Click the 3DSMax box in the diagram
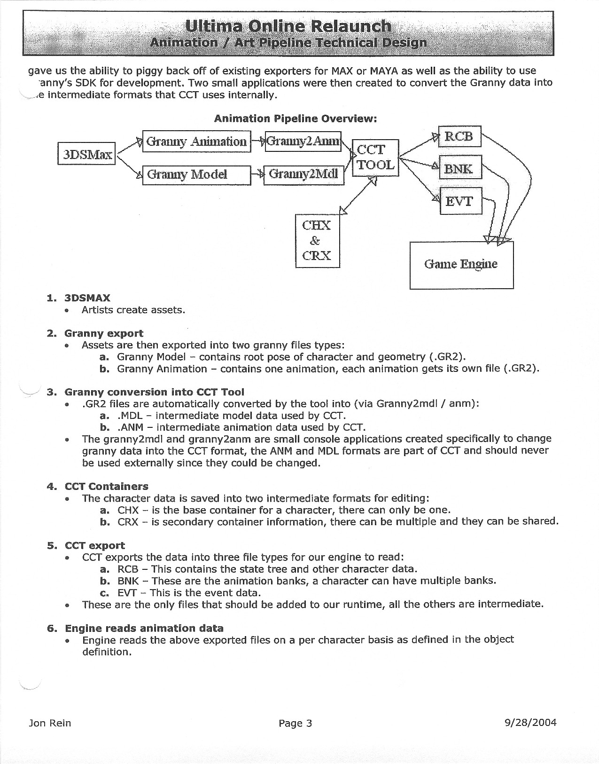point(86,153)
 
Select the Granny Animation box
point(196,141)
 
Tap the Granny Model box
point(196,175)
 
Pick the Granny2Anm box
point(303,141)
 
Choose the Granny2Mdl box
point(303,174)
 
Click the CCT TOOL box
point(375,158)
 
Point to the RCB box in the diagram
point(460,136)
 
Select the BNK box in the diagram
point(460,168)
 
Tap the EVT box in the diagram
point(460,201)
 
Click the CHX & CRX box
point(317,240)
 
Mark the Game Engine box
point(461,265)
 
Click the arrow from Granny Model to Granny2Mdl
point(257,175)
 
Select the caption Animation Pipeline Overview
point(296,118)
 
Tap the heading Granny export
point(104,333)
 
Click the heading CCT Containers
point(106,486)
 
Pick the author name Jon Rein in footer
point(50,723)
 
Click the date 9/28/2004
point(529,722)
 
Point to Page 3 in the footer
point(295,723)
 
